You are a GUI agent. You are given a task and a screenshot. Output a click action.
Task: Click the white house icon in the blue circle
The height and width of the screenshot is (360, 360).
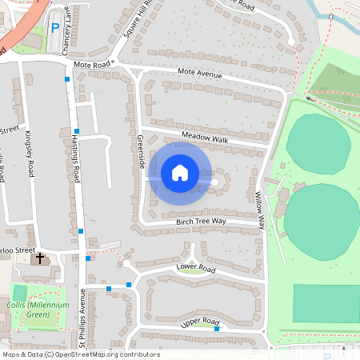pyautogui.click(x=180, y=173)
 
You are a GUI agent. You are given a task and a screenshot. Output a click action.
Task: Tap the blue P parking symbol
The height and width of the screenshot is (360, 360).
pyautogui.click(x=55, y=28)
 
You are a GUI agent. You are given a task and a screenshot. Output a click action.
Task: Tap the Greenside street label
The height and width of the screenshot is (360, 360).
pyautogui.click(x=142, y=150)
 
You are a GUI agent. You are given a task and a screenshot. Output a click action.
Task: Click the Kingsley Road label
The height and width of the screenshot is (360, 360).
pyautogui.click(x=30, y=151)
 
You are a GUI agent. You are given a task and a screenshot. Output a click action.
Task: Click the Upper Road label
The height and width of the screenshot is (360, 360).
pyautogui.click(x=199, y=322)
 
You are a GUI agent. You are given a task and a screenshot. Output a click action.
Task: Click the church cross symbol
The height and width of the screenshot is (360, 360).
pyautogui.click(x=41, y=259)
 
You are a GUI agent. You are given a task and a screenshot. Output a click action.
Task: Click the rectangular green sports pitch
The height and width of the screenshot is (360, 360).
pyautogui.click(x=326, y=304)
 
